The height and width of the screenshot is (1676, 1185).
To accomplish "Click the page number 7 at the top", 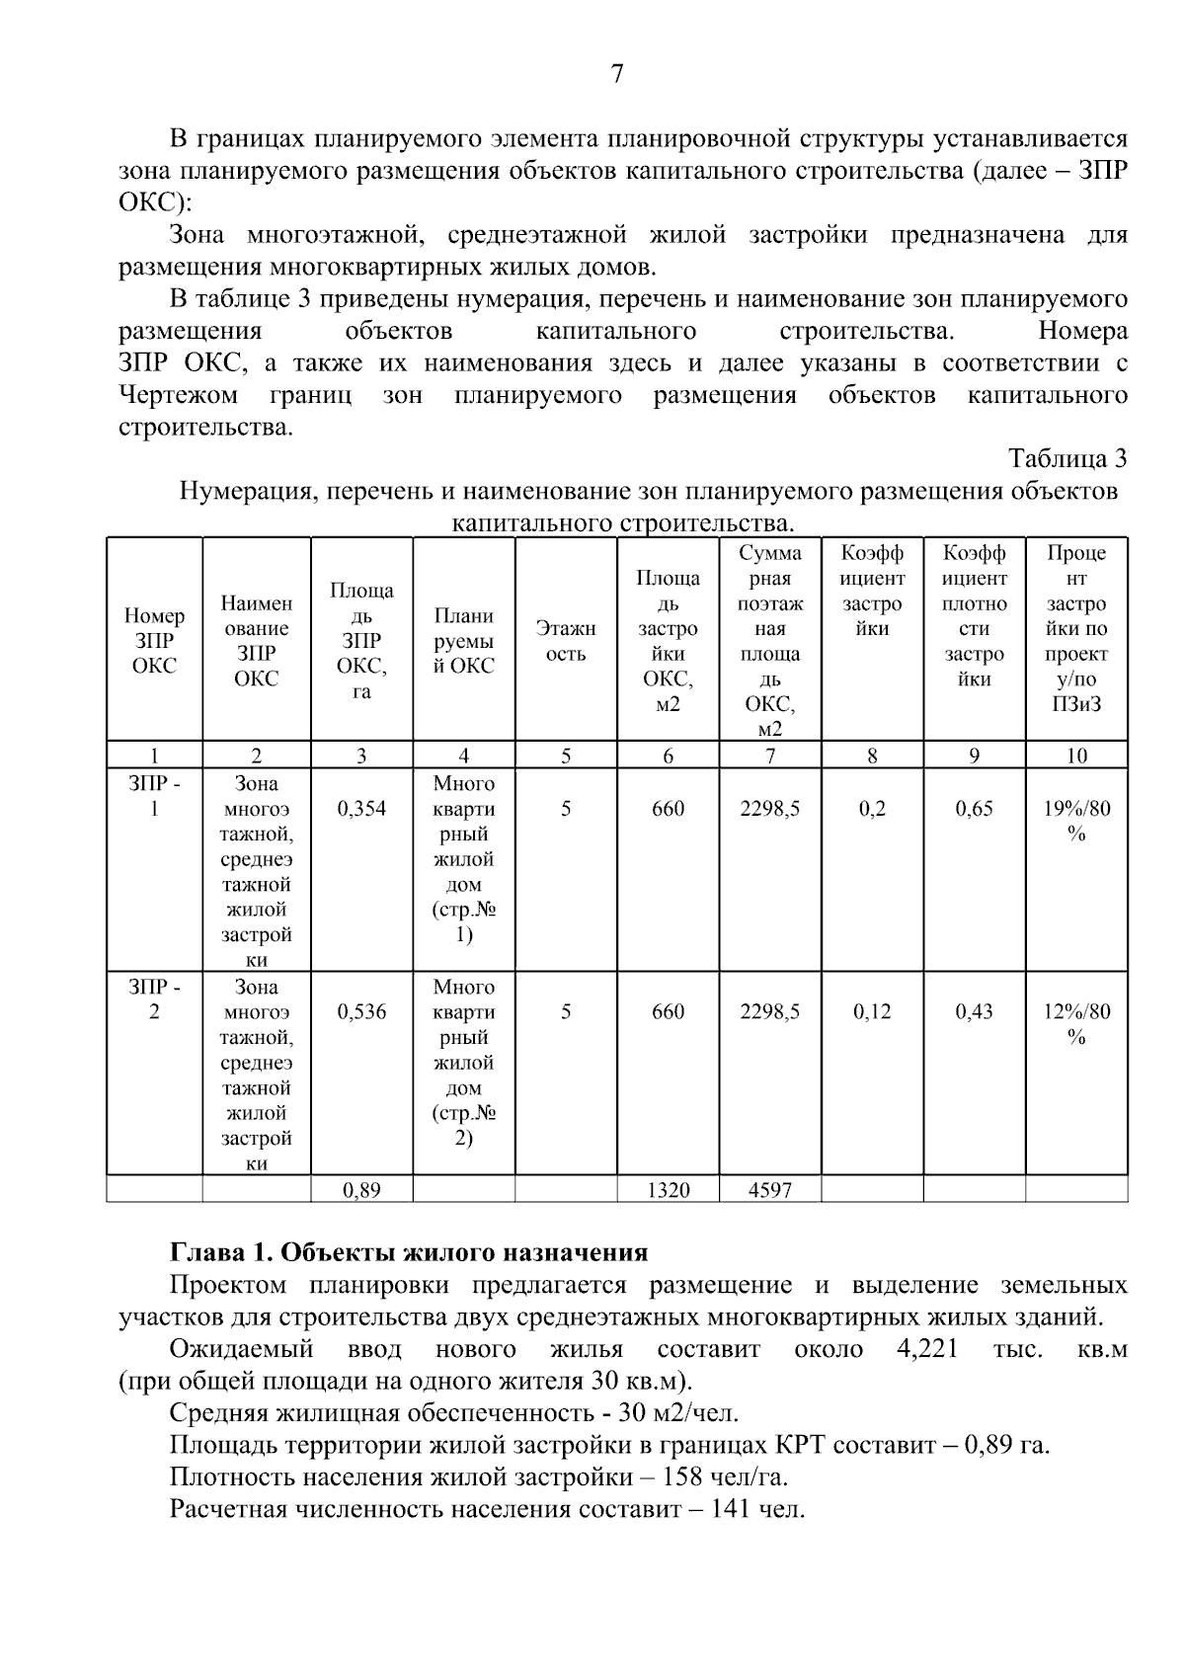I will [617, 74].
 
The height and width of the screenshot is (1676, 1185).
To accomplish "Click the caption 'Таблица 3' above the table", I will [1066, 459].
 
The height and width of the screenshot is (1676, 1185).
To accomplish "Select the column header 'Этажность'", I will [566, 641].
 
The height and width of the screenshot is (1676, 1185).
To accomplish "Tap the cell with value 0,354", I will [361, 809].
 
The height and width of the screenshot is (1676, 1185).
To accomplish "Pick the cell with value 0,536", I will [361, 1012].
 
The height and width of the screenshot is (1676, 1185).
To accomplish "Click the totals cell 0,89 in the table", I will [361, 1190].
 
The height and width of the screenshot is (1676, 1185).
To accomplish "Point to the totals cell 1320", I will [669, 1190].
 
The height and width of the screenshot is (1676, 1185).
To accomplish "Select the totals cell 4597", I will [770, 1190].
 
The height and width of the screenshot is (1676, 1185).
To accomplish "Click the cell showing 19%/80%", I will [1076, 821].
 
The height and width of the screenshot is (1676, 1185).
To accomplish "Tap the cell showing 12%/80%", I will [1076, 1024].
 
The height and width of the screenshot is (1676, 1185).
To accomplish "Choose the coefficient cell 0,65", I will [975, 809].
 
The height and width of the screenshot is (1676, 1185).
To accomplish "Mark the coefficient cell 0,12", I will [872, 1012].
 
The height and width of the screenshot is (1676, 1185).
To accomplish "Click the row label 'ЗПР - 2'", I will [154, 999].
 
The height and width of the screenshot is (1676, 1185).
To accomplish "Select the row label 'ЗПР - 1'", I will [154, 796].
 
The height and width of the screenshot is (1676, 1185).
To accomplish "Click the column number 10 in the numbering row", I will [1076, 757].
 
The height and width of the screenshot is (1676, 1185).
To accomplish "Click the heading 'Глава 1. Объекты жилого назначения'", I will [409, 1253].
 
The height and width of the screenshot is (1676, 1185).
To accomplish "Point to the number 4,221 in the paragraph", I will [927, 1349].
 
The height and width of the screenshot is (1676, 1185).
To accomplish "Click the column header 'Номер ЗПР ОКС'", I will [154, 641].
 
